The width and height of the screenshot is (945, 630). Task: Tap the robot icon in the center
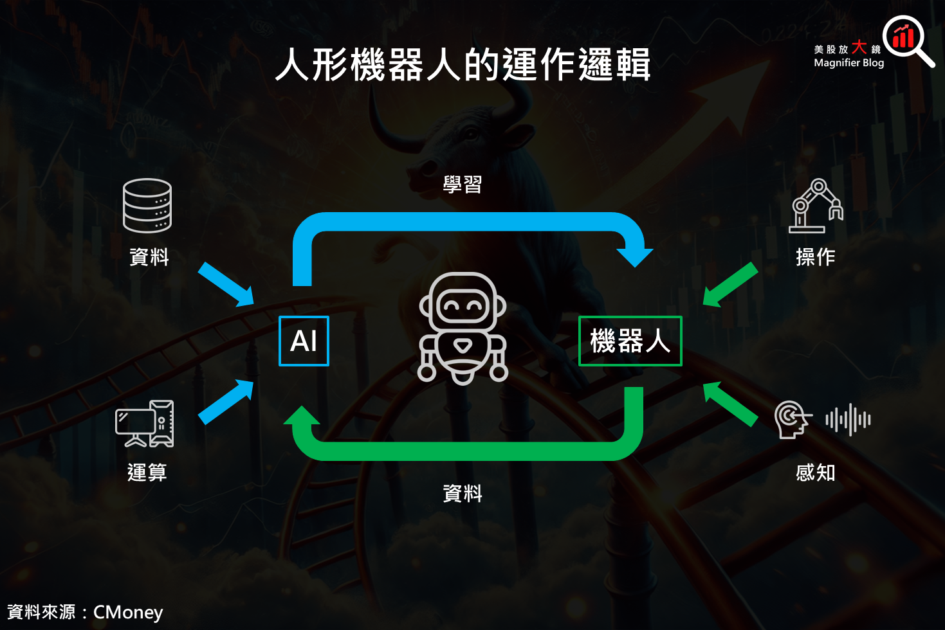coord(463,328)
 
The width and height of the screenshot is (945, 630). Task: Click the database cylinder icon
coord(147,205)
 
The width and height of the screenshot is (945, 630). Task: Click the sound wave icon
coord(848,420)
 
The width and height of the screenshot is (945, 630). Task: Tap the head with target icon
coord(793,420)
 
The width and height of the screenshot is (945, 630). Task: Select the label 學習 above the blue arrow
coord(463,184)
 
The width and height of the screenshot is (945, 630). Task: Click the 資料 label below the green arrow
coord(463,493)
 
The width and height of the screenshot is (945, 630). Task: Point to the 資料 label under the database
coord(149,256)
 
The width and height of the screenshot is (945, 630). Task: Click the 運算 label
coord(147,473)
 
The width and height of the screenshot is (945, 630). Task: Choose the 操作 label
coord(816,256)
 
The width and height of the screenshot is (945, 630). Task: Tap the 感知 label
coord(816,473)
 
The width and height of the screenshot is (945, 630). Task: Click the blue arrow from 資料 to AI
coord(226,283)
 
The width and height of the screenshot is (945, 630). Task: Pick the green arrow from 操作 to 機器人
coord(730,284)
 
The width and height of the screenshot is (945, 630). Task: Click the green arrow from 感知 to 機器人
coord(730,404)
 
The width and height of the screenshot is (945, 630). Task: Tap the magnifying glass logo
coord(907,40)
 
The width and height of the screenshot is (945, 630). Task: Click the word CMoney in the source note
coord(128,612)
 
